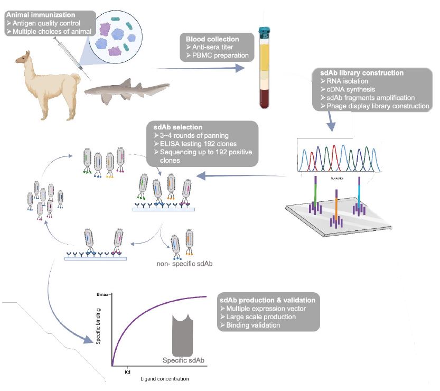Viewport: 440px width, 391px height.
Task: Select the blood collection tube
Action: point(263,66)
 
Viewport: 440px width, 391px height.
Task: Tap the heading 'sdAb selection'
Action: point(173,127)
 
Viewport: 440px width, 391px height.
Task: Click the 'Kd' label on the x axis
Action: point(127,371)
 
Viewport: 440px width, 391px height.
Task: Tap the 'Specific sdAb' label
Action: point(183,360)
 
